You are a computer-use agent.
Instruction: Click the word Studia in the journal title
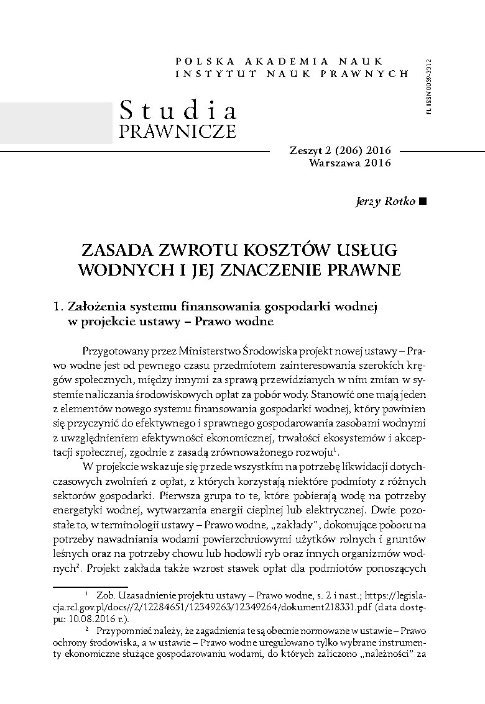tap(178, 111)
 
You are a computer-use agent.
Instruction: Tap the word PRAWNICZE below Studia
tap(177, 132)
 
